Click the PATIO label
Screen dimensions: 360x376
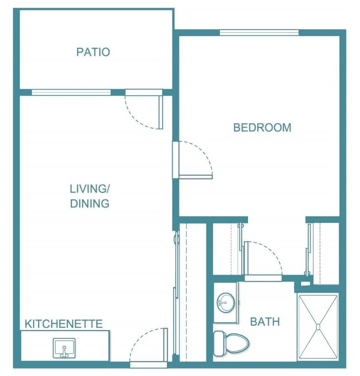click(x=93, y=52)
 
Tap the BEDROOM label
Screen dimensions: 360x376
click(x=263, y=128)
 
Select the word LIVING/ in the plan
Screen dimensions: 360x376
click(x=90, y=189)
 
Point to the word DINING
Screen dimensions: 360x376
click(x=90, y=203)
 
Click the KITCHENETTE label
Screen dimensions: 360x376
click(x=64, y=324)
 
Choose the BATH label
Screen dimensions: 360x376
click(x=265, y=322)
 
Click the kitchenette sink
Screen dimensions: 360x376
click(x=64, y=348)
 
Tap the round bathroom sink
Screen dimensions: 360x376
click(x=226, y=302)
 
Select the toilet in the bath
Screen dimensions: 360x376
click(x=231, y=343)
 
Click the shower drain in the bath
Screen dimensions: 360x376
click(x=318, y=327)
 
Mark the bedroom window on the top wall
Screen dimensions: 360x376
click(x=259, y=33)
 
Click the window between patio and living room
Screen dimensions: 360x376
click(x=71, y=92)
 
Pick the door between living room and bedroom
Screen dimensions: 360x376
click(x=193, y=160)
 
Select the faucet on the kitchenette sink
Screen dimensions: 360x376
click(x=64, y=352)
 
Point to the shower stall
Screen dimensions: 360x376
click(x=318, y=327)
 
